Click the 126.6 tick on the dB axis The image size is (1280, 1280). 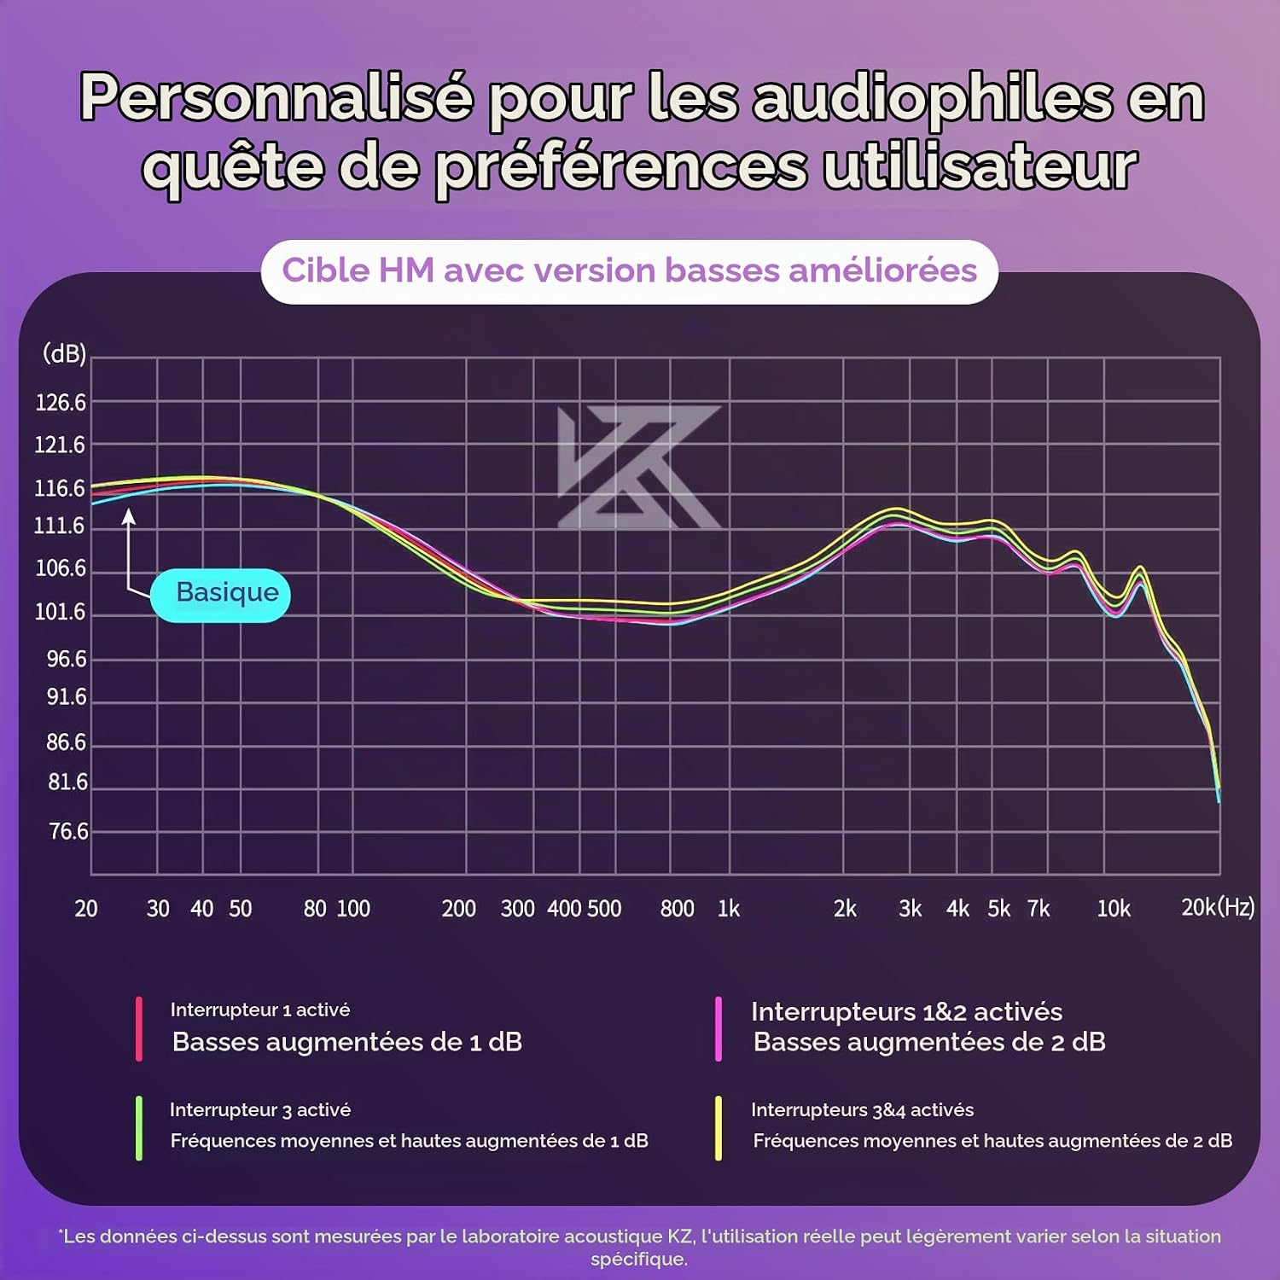tap(61, 402)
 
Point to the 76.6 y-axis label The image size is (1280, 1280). tap(68, 831)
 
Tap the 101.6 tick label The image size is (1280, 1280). tap(60, 612)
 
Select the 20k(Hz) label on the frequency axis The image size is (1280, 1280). tap(1218, 907)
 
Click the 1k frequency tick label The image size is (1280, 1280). tap(729, 909)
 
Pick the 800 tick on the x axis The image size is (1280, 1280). tap(677, 909)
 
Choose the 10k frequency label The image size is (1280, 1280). tap(1114, 909)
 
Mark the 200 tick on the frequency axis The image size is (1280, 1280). tap(458, 909)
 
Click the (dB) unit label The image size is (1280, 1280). tap(65, 353)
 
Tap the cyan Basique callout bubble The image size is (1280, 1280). tap(220, 595)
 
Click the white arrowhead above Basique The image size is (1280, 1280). tap(129, 515)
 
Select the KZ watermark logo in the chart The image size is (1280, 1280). tap(639, 467)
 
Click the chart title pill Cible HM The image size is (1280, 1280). tap(630, 271)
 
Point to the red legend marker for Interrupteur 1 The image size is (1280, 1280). tap(138, 1029)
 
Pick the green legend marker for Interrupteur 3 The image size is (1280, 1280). tap(138, 1128)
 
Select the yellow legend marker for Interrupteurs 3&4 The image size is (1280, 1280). tap(719, 1128)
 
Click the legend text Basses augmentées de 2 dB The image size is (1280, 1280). tap(929, 1042)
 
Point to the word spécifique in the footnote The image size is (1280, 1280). tap(639, 1260)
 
